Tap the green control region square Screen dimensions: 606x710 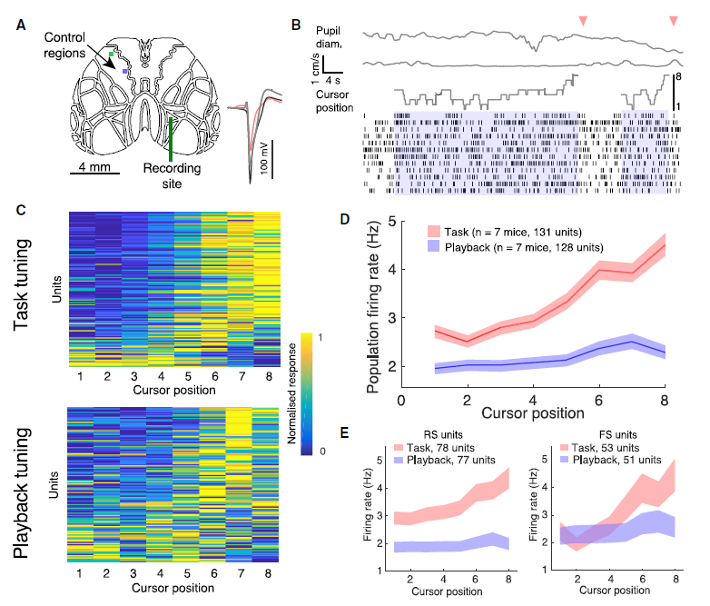[x=111, y=55]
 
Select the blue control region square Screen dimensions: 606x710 [x=126, y=68]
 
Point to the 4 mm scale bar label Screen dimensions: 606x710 [x=93, y=167]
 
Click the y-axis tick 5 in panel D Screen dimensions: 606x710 [x=390, y=221]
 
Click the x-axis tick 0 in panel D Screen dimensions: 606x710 [x=401, y=400]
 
